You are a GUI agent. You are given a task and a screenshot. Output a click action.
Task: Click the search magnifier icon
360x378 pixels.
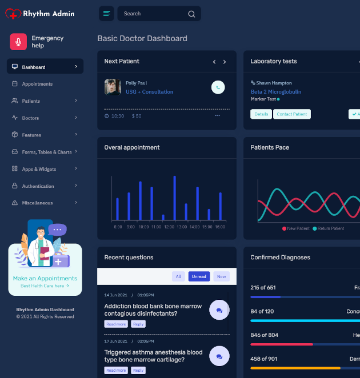click(191, 14)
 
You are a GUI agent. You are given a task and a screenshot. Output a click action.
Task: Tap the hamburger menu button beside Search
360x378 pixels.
click(106, 14)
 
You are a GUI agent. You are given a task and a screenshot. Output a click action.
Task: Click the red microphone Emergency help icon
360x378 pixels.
click(19, 42)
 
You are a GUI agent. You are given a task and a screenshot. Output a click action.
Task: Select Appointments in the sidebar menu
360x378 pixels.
click(37, 84)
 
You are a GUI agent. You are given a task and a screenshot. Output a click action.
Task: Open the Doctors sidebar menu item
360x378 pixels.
click(30, 118)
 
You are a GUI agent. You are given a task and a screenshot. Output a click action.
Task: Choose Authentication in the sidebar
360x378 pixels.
click(38, 186)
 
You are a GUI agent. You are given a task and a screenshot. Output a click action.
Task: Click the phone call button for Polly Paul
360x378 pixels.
click(218, 87)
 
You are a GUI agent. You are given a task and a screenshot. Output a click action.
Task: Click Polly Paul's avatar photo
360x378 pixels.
click(113, 87)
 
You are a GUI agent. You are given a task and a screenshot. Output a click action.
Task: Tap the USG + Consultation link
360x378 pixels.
click(149, 92)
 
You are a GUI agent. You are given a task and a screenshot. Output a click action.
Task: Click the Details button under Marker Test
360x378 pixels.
click(261, 114)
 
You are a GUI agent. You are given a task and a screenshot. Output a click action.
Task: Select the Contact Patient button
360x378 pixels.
click(291, 114)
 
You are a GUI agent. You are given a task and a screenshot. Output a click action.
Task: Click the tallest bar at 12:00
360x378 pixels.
click(174, 198)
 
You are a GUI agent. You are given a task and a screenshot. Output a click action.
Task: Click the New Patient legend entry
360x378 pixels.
click(296, 228)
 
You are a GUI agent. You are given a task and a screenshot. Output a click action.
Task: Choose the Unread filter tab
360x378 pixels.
click(199, 276)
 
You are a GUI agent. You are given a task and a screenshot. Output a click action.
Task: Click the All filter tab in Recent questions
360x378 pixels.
click(178, 276)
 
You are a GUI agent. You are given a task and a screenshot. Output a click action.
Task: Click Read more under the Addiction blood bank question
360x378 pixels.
click(116, 324)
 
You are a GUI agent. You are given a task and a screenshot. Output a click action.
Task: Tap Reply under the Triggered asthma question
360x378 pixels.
click(138, 371)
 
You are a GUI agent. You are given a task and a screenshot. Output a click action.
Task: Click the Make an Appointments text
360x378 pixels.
click(45, 279)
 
